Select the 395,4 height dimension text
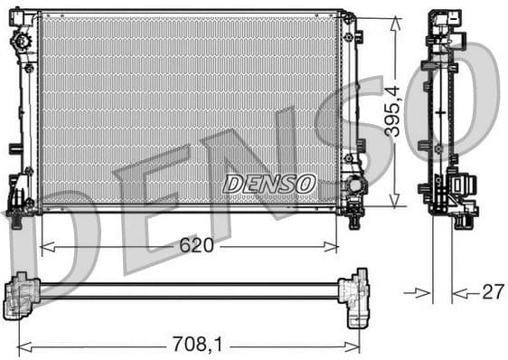point(391,110)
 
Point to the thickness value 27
point(492,292)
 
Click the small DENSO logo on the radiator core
point(268,184)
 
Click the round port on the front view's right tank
point(355,185)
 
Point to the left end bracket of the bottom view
point(22,294)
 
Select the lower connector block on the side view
point(462,188)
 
